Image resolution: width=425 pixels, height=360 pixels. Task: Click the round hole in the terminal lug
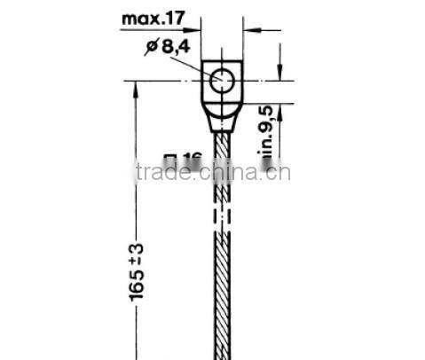(x=222, y=82)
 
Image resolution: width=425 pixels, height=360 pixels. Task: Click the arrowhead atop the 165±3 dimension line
(x=135, y=89)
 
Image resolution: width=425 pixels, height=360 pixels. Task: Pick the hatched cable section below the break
(x=222, y=293)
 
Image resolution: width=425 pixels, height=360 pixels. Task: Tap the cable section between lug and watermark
(x=222, y=146)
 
